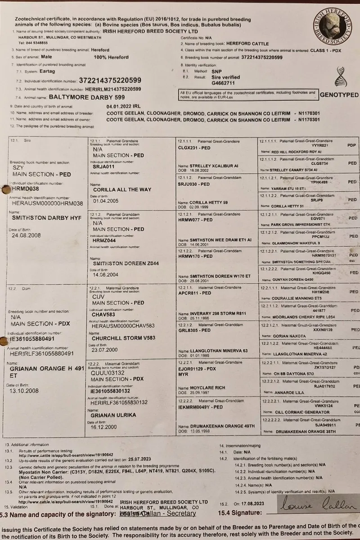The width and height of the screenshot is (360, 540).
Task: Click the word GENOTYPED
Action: click(x=339, y=95)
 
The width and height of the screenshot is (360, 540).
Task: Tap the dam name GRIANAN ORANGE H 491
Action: click(x=47, y=368)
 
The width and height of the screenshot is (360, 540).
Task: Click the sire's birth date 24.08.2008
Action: click(x=27, y=235)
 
